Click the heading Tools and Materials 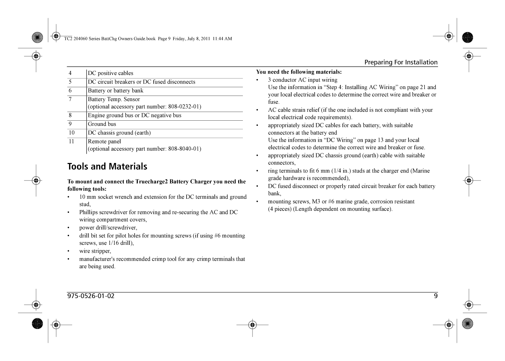107,166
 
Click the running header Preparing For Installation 401,62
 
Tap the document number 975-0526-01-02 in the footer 91,296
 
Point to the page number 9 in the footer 436,296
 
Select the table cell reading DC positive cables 110,73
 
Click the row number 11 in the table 71,141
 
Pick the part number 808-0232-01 184,107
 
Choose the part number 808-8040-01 184,149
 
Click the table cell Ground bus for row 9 102,124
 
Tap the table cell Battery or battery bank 115,91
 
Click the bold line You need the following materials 299,72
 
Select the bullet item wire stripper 95,251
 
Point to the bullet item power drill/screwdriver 108,228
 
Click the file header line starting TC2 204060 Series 148,39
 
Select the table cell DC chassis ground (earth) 119,133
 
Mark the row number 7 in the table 70,99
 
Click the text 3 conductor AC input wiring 303,80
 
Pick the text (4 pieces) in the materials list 280,209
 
